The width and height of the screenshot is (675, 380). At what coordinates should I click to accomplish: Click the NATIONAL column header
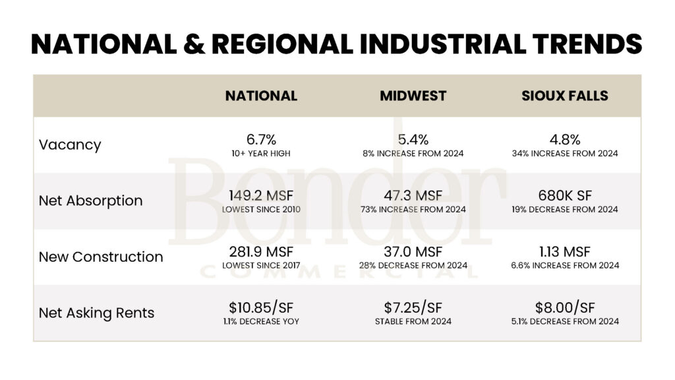pos(261,96)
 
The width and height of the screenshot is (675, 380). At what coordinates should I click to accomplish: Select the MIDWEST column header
pos(413,96)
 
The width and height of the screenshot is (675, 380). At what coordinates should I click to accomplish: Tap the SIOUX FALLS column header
pos(565,96)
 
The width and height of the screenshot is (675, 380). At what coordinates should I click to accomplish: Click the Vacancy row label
pos(70,145)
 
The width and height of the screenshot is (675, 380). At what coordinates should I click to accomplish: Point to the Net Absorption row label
pos(90,201)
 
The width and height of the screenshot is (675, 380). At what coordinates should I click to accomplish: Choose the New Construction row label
pos(101,257)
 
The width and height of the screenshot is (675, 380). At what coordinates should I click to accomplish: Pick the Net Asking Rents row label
pos(96,313)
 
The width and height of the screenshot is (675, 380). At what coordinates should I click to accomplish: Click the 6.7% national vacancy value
pos(261,139)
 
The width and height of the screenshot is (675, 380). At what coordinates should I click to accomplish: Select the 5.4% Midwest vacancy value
pos(413,139)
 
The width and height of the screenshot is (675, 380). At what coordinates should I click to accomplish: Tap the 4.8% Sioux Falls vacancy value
pos(565,139)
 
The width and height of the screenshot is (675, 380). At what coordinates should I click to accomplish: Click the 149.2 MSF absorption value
pos(261,195)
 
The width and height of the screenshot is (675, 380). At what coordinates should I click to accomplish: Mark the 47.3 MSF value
pos(413,195)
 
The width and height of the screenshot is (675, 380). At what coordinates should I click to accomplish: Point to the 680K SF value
pos(565,195)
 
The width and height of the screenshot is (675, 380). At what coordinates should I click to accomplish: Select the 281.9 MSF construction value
pos(261,251)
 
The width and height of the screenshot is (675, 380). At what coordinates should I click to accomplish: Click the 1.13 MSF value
pos(565,251)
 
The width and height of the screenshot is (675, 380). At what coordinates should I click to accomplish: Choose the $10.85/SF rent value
pos(261,307)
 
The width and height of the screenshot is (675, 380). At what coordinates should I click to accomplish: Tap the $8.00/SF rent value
pos(565,307)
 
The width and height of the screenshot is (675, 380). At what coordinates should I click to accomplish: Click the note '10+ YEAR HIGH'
pos(261,154)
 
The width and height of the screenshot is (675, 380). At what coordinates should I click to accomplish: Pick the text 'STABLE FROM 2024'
pos(413,322)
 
